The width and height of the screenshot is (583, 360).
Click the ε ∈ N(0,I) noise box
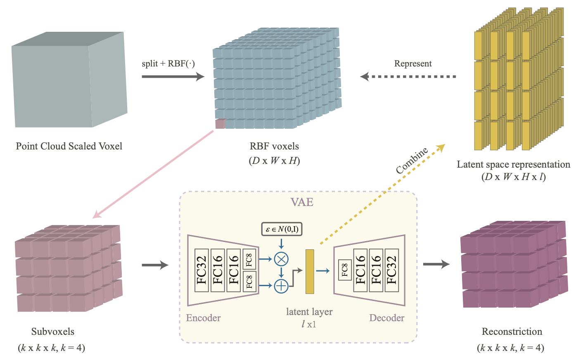click(282, 229)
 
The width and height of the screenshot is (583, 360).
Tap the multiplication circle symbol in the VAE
click(281, 259)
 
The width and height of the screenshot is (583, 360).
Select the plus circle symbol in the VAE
click(281, 286)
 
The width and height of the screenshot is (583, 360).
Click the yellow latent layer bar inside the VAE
click(310, 271)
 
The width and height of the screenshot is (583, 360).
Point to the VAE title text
click(302, 202)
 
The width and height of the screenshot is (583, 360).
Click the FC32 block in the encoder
click(201, 270)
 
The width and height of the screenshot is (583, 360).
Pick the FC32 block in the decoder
click(391, 270)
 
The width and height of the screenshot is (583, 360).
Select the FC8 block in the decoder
click(345, 270)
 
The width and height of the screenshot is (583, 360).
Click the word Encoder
click(203, 318)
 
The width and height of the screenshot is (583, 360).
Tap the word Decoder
click(386, 318)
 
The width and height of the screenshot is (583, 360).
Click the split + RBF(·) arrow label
click(168, 64)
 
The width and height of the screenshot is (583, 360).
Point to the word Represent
click(412, 64)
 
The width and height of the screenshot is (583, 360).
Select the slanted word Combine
click(412, 161)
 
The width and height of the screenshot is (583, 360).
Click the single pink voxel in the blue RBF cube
click(220, 124)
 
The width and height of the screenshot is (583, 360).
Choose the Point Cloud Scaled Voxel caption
click(69, 146)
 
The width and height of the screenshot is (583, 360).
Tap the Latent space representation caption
click(513, 164)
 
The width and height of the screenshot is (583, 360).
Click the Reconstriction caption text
click(512, 332)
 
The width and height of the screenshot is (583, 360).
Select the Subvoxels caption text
click(53, 332)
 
